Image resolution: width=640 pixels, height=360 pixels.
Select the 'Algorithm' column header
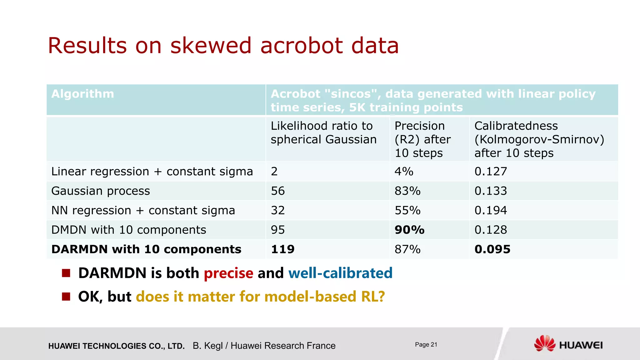[83, 94]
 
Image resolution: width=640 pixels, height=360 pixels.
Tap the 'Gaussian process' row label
[101, 191]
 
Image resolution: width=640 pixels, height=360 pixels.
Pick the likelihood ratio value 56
[278, 191]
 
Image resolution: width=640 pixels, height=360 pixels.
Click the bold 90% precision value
[409, 230]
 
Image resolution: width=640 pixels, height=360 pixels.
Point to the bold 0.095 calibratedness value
[492, 249]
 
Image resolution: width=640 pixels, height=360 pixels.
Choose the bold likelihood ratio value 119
[282, 249]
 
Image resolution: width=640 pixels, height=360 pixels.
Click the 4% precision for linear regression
[404, 171]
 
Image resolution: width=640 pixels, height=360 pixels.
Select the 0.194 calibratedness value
[491, 210]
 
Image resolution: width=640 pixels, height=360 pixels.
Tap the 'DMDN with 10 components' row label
[129, 230]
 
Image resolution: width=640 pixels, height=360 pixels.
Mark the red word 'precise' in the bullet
[228, 273]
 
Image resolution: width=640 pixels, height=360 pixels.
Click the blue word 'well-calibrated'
[340, 273]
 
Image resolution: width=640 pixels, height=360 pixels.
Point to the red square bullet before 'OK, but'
[66, 296]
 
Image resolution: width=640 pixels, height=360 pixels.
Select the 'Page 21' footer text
[426, 344]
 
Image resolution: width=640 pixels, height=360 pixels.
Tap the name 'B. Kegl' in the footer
[207, 346]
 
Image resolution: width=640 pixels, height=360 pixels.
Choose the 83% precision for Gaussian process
[407, 191]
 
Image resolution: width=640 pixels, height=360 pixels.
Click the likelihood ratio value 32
[278, 210]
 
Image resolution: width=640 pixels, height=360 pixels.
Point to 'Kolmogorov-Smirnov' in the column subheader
[539, 139]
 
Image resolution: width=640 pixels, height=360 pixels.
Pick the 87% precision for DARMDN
[407, 249]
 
